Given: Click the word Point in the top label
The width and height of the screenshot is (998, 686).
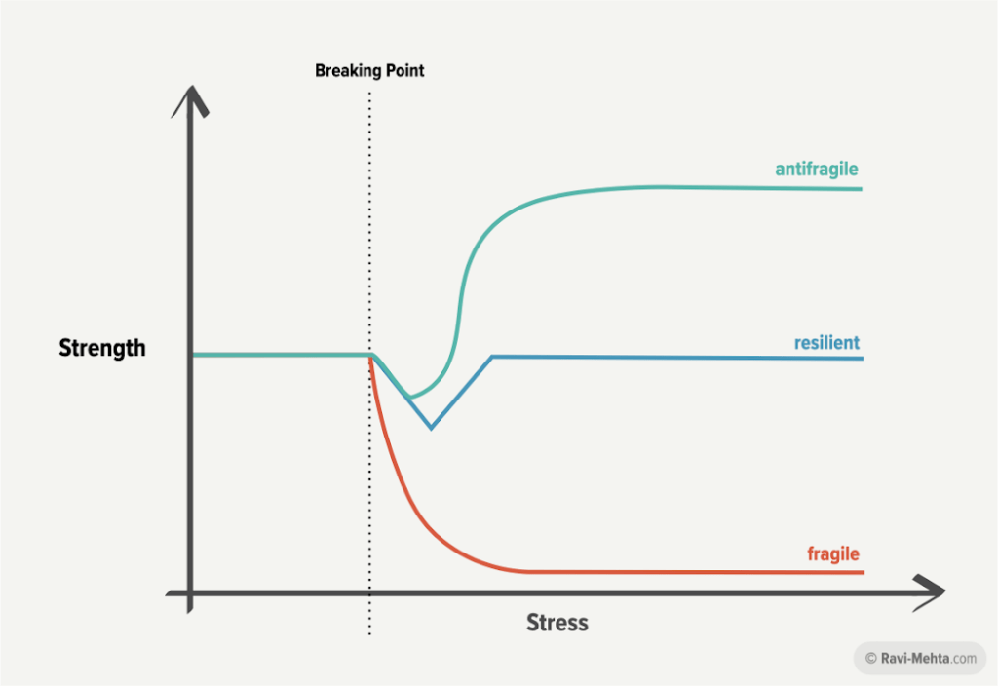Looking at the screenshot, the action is [404, 70].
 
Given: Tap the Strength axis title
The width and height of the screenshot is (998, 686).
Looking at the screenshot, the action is [102, 348].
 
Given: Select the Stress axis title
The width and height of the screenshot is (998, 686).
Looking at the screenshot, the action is [557, 623].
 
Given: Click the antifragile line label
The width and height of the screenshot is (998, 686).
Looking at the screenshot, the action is [817, 169].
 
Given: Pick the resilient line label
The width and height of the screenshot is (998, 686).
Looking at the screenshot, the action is [826, 342].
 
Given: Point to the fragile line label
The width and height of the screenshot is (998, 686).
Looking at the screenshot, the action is [833, 553].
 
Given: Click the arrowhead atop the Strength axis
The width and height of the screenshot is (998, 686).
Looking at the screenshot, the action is [190, 100].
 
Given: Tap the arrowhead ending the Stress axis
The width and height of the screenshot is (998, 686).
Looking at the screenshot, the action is [929, 592].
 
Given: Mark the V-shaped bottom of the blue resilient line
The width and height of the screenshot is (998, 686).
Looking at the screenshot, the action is [431, 428].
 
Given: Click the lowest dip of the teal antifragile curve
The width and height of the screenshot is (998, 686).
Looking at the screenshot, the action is [410, 398].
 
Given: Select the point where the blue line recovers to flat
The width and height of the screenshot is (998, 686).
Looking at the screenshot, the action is [492, 357].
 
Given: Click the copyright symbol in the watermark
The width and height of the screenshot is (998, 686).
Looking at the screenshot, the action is [870, 658].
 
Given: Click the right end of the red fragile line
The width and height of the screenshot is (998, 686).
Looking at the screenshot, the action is [864, 573].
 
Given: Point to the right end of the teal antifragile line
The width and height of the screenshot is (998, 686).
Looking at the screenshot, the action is [862, 189].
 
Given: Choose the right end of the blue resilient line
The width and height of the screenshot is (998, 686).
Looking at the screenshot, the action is [863, 359].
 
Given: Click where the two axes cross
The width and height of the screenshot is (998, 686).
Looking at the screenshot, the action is [190, 593].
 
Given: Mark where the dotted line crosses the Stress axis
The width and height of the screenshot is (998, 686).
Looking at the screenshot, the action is [369, 593].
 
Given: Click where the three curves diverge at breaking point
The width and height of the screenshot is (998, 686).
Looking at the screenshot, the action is [370, 356].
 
